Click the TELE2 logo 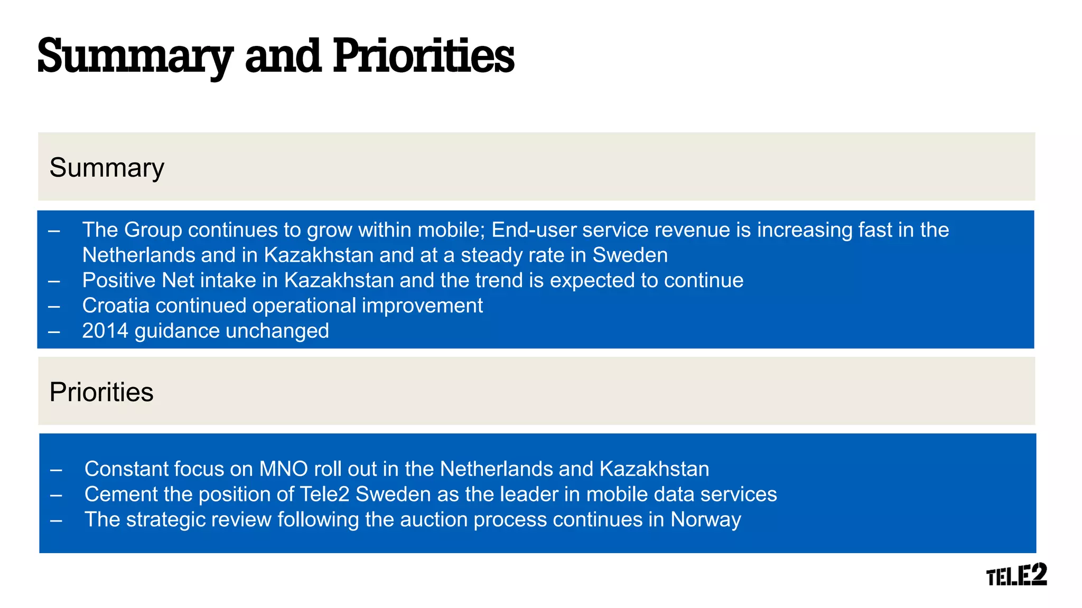[x=1016, y=574]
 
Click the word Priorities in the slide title [x=423, y=57]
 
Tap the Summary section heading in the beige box [x=107, y=168]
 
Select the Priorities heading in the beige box [x=101, y=393]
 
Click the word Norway [x=705, y=520]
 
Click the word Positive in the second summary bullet [x=119, y=280]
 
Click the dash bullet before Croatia [x=54, y=306]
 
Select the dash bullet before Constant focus [x=56, y=470]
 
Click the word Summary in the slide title [x=135, y=57]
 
